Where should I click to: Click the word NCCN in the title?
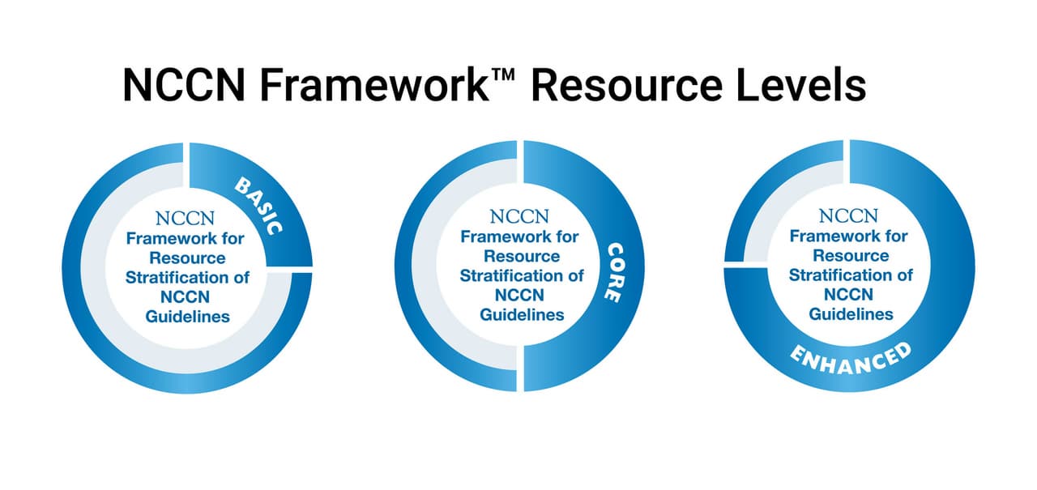pyautogui.click(x=184, y=85)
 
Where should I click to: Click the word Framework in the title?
pyautogui.click(x=374, y=85)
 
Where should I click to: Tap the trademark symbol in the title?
pyautogui.click(x=503, y=75)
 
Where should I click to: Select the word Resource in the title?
pyautogui.click(x=627, y=85)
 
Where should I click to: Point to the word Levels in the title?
pyautogui.click(x=801, y=85)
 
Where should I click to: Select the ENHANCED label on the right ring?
pyautogui.click(x=851, y=359)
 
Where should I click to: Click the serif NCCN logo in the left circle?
pyautogui.click(x=186, y=219)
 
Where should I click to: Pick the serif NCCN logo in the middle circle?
pyautogui.click(x=519, y=216)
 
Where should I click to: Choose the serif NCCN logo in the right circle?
pyautogui.click(x=848, y=216)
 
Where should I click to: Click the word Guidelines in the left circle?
pyautogui.click(x=187, y=317)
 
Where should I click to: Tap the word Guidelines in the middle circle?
pyautogui.click(x=522, y=314)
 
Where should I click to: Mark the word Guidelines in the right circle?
pyautogui.click(x=851, y=314)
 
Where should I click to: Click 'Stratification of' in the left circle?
pyautogui.click(x=187, y=278)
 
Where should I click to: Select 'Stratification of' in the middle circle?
pyautogui.click(x=522, y=275)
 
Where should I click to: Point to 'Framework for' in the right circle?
pyautogui.click(x=848, y=236)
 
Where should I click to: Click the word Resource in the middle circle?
pyautogui.click(x=522, y=256)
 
